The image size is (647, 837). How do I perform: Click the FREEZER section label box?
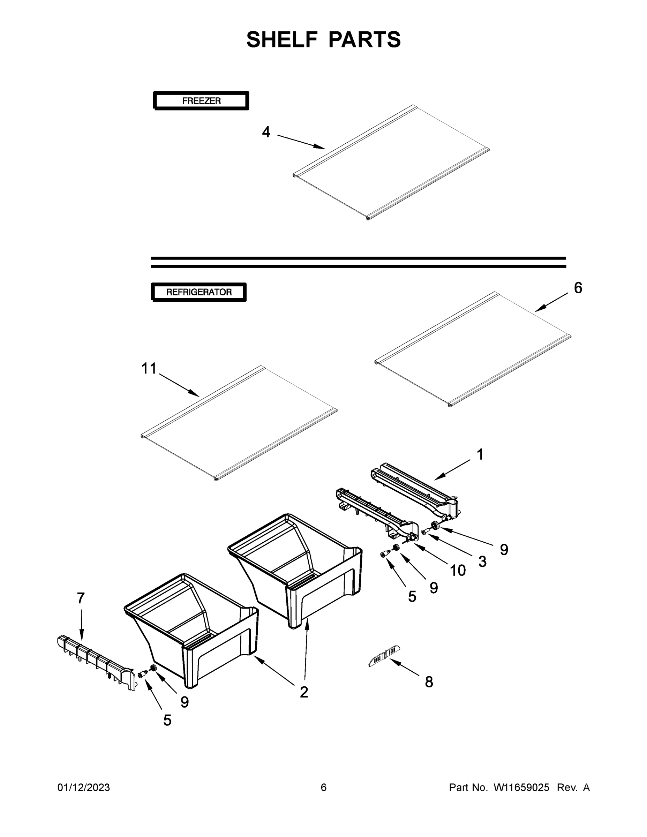click(201, 101)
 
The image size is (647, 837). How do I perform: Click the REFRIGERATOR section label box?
click(199, 292)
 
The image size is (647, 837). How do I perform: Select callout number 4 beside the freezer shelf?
click(266, 132)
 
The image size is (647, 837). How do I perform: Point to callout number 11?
click(149, 368)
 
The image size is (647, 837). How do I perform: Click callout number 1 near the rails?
click(480, 454)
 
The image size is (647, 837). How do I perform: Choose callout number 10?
click(458, 570)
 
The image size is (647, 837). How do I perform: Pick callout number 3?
click(482, 561)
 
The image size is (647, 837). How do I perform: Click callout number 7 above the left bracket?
click(81, 598)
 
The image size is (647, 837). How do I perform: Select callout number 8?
click(429, 682)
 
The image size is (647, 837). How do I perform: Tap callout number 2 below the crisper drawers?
click(304, 692)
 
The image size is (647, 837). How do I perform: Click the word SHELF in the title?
click(282, 39)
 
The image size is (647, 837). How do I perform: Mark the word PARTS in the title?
click(364, 39)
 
